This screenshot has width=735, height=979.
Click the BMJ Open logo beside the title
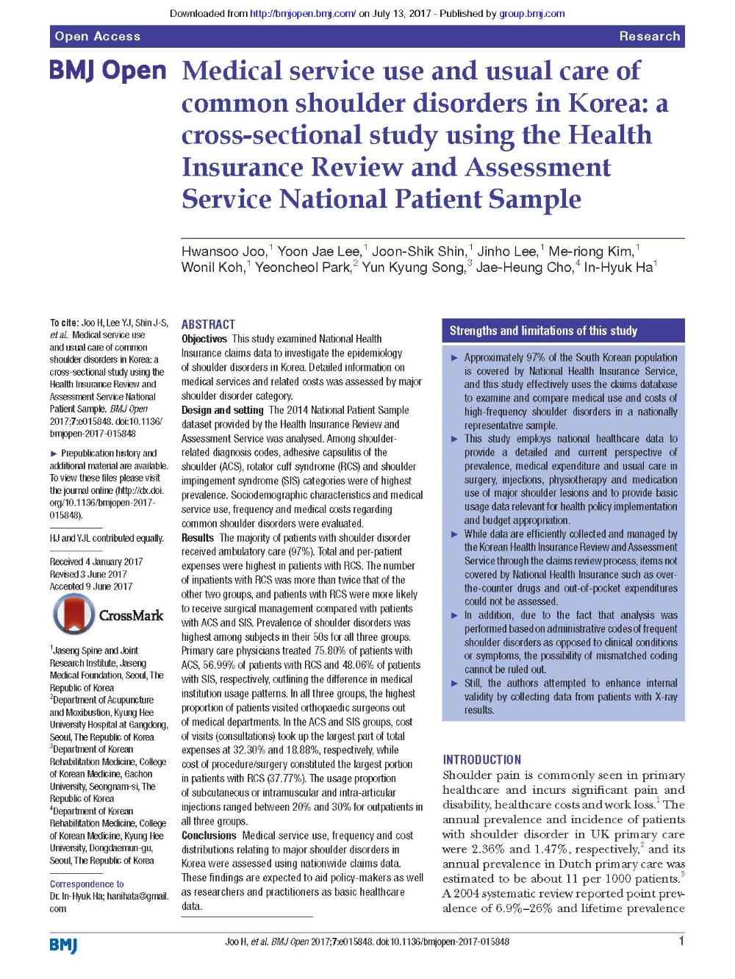[108, 71]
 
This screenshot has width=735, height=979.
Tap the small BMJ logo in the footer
[63, 944]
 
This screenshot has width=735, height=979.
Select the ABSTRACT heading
[208, 324]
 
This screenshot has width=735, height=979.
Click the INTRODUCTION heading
[481, 759]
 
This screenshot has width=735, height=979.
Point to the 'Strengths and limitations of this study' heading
[543, 331]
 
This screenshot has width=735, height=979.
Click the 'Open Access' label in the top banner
[97, 36]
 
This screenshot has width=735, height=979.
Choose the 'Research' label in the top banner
[649, 36]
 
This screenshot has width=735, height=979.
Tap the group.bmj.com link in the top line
[532, 13]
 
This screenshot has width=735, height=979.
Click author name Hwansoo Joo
[223, 251]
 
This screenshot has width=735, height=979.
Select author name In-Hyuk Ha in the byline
[617, 268]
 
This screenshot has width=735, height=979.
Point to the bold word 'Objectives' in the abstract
[204, 339]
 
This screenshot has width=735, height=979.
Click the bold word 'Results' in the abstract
[198, 538]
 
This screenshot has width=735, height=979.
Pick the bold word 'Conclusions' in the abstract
[209, 836]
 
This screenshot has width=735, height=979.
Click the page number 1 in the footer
[681, 941]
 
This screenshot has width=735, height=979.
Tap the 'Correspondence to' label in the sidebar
[87, 884]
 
